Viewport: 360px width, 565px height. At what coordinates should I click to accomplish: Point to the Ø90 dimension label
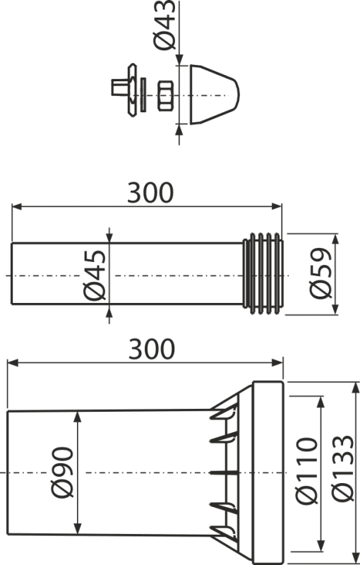click(x=61, y=473)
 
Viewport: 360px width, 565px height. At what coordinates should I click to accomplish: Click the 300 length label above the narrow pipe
click(x=150, y=192)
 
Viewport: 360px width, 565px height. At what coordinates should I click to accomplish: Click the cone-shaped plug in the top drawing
click(x=212, y=95)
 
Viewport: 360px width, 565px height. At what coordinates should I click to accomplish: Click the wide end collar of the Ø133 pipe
click(x=268, y=470)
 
